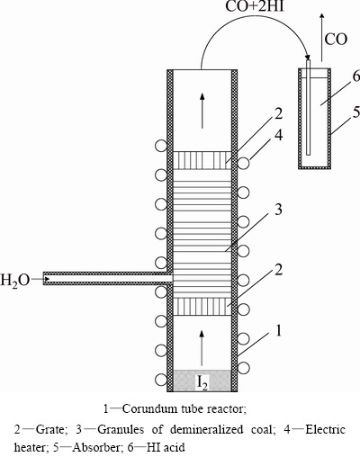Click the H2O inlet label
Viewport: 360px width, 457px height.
(14, 280)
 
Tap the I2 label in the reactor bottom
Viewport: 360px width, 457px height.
(202, 381)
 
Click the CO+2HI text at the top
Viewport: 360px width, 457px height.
(255, 6)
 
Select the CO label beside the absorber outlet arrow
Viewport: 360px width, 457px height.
(336, 40)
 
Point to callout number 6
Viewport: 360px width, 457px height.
(355, 77)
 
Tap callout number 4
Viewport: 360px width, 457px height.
(279, 136)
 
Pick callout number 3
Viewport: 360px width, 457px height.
(278, 210)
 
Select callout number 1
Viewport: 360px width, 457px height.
(279, 331)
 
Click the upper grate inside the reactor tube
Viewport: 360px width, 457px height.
(202, 160)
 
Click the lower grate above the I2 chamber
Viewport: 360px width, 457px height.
(202, 307)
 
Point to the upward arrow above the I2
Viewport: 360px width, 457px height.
(202, 348)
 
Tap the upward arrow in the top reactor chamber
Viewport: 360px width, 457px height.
(202, 111)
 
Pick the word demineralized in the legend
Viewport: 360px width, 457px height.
(207, 429)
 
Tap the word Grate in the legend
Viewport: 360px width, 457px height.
(49, 430)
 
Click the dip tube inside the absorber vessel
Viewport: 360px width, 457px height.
(308, 107)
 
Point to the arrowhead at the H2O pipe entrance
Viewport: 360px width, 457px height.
(48, 279)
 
